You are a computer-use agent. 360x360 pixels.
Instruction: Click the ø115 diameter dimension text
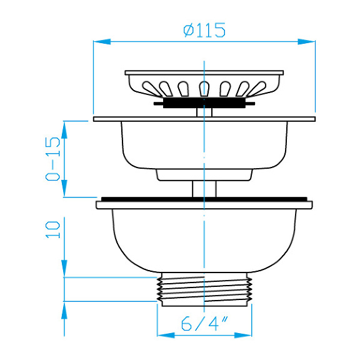tap(204, 29)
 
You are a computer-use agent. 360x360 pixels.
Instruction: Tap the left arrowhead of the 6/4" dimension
tap(164, 335)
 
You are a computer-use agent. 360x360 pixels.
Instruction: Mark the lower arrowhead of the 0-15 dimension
tap(64, 189)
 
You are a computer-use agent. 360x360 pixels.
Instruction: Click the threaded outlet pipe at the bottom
tap(204, 289)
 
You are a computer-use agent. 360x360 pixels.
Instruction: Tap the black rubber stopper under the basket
tap(204, 103)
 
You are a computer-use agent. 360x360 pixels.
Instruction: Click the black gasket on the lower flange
tap(204, 199)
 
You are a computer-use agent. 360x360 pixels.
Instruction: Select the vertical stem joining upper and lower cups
tap(204, 188)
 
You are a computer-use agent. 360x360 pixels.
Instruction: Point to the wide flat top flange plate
tap(204, 118)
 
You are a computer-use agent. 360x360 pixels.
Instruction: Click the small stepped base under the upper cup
tap(204, 174)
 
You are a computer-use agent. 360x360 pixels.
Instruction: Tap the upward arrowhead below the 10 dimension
tap(64, 311)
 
